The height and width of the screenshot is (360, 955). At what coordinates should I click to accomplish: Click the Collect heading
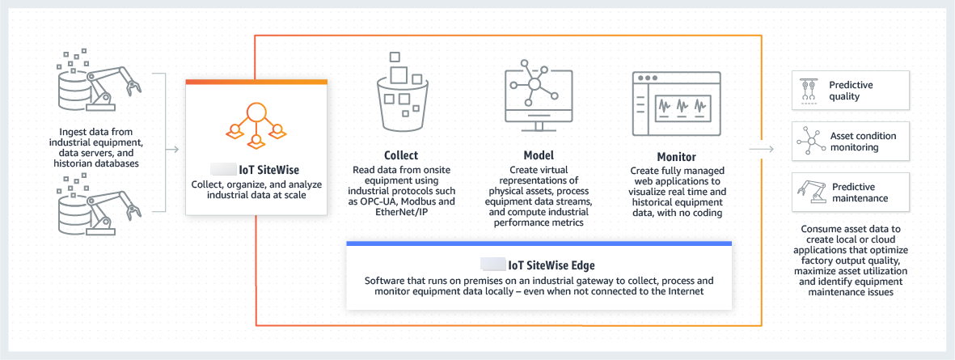pyautogui.click(x=401, y=155)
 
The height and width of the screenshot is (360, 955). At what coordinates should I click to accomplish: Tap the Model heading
pyautogui.click(x=534, y=155)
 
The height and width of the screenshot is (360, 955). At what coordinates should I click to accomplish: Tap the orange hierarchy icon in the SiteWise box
pyautogui.click(x=256, y=125)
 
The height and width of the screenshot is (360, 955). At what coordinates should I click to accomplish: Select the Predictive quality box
pyautogui.click(x=851, y=91)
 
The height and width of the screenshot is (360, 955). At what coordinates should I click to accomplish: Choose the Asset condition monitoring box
pyautogui.click(x=851, y=142)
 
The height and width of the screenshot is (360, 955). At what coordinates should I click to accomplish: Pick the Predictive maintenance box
pyautogui.click(x=851, y=193)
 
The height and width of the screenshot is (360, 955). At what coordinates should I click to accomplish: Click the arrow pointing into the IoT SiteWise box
pyautogui.click(x=171, y=148)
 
